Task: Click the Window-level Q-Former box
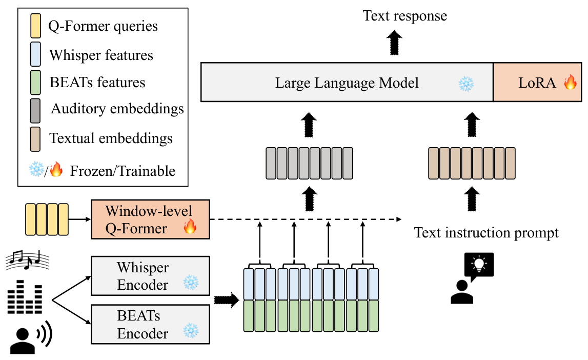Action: (x=150, y=219)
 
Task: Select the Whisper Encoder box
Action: (x=150, y=276)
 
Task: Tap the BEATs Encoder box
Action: (x=150, y=325)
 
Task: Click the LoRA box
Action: (x=537, y=82)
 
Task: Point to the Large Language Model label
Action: (x=347, y=83)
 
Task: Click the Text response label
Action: (x=404, y=16)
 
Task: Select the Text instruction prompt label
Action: (x=486, y=232)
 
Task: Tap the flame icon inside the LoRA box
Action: (x=571, y=82)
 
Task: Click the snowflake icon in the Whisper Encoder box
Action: (x=191, y=283)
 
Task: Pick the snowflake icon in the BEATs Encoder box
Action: (x=191, y=331)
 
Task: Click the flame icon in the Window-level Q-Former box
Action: (x=190, y=227)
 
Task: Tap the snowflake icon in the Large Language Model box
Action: (x=466, y=84)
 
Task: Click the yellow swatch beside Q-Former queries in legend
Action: (x=35, y=26)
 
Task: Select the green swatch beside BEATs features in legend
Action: (x=35, y=83)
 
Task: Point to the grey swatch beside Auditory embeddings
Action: (x=35, y=111)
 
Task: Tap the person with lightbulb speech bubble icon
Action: (x=472, y=278)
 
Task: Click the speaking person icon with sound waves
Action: (x=31, y=337)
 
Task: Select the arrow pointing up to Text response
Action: (x=394, y=43)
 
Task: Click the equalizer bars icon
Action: (x=25, y=296)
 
